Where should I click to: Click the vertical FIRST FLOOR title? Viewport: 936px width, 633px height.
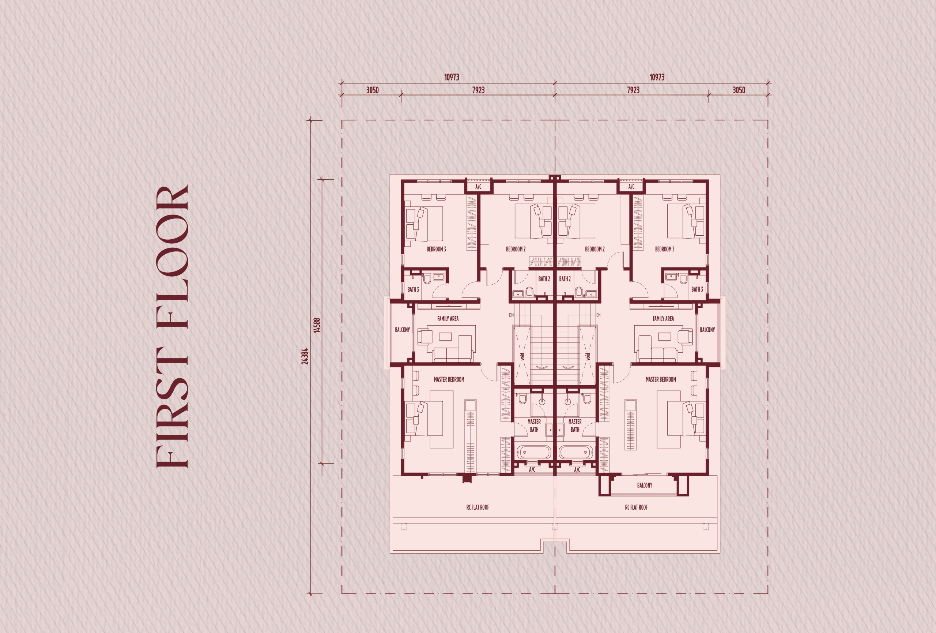(x=172, y=326)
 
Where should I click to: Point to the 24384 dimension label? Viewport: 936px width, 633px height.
(x=305, y=356)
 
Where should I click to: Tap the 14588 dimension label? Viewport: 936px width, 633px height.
(x=317, y=325)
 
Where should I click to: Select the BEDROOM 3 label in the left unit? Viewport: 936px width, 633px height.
(x=436, y=249)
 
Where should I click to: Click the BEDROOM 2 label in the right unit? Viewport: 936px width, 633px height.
(x=595, y=249)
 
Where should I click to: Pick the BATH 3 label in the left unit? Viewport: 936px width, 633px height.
(x=413, y=289)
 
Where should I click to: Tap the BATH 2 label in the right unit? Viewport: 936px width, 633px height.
(x=565, y=279)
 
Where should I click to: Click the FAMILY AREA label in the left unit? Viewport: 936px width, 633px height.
(x=448, y=319)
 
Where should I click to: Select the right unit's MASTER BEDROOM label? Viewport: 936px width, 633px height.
(x=661, y=379)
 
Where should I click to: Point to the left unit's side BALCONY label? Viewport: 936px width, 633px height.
(x=402, y=330)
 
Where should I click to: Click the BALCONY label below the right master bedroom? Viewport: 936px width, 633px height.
(x=644, y=485)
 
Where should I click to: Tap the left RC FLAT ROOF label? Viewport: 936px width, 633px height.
(x=478, y=507)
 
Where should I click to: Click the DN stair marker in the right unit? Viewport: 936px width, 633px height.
(x=598, y=315)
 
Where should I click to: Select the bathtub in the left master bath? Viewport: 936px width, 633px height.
(x=534, y=452)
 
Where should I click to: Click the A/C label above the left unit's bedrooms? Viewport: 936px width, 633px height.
(x=478, y=187)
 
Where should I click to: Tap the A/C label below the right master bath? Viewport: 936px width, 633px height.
(x=577, y=470)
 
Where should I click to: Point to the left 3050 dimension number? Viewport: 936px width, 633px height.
(x=372, y=90)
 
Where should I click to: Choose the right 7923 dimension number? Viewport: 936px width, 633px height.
(x=633, y=90)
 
